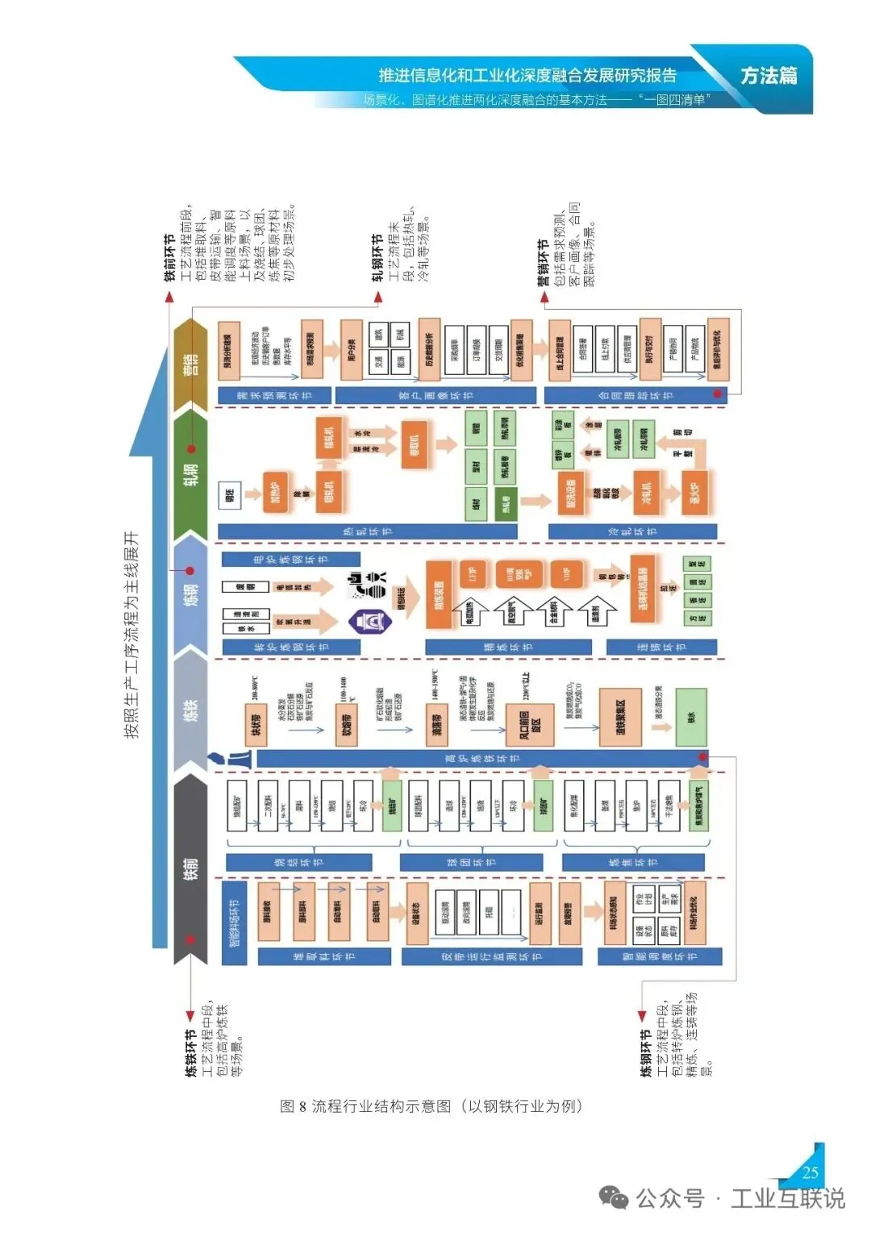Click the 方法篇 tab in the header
[x=768, y=76]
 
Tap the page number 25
[x=810, y=1172]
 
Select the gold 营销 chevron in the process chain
[x=190, y=364]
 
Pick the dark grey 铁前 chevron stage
[x=190, y=869]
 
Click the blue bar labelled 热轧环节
[x=367, y=531]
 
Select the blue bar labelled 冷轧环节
[x=632, y=531]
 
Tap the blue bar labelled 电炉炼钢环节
[x=290, y=559]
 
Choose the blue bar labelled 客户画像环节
[x=435, y=395]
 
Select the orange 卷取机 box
[x=415, y=444]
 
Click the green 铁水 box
[x=691, y=717]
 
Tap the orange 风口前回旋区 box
[x=529, y=725]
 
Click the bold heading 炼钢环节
[x=645, y=1052]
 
